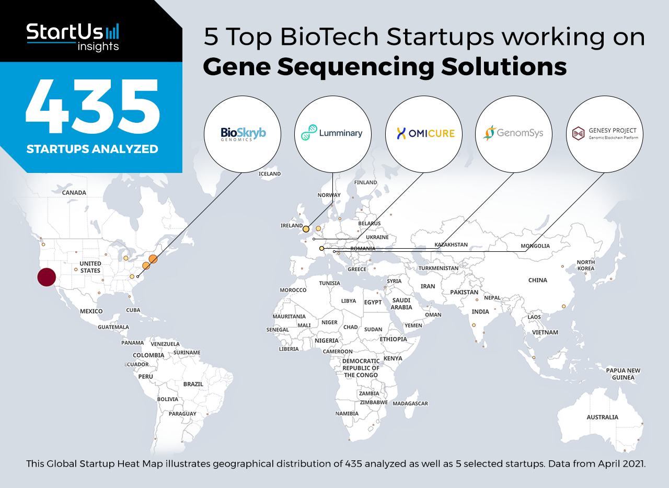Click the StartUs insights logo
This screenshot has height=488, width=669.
[73, 37]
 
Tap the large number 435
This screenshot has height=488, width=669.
[93, 106]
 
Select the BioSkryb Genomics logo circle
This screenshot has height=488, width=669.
[243, 134]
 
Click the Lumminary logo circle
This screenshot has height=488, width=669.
[333, 134]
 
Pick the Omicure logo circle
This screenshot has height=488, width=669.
[424, 134]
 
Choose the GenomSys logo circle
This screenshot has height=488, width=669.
[514, 134]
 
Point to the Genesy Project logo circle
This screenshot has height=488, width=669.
[605, 134]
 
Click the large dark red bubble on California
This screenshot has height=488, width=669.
[47, 277]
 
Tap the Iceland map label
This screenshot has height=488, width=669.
[270, 174]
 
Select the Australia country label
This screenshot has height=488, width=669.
[603, 417]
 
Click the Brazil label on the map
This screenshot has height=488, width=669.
[193, 384]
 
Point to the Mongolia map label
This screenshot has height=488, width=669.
[535, 246]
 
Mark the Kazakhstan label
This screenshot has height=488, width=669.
[451, 245]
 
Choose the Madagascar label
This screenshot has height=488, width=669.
[410, 403]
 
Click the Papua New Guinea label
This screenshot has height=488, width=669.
[624, 374]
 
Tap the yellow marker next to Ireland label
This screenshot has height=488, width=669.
[306, 229]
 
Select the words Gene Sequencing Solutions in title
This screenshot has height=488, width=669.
[385, 67]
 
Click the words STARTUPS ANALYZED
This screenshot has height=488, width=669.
[93, 149]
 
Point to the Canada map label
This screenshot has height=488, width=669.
[74, 193]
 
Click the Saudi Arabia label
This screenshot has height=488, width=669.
[401, 304]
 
